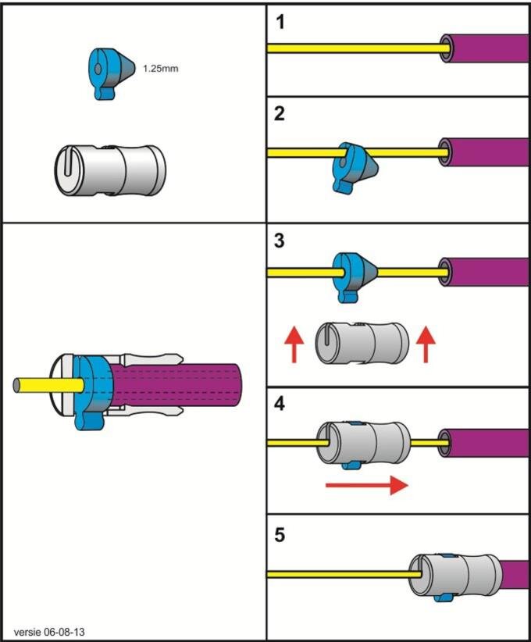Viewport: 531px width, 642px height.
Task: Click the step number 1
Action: [x=280, y=22]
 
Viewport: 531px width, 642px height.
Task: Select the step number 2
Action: [x=280, y=113]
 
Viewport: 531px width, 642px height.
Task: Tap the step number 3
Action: [x=280, y=241]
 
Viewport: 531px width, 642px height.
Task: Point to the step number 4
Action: [x=280, y=404]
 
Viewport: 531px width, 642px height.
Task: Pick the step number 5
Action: [x=280, y=535]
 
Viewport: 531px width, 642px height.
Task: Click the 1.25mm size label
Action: [x=161, y=69]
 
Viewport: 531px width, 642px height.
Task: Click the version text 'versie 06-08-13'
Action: [x=49, y=632]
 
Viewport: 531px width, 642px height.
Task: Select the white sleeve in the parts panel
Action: [x=111, y=170]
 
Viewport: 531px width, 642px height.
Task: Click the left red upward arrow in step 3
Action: [x=294, y=344]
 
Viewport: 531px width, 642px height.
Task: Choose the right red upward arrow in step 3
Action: [x=426, y=344]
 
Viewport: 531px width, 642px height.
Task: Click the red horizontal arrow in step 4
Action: [x=367, y=485]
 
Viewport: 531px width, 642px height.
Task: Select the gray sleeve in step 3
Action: [x=362, y=344]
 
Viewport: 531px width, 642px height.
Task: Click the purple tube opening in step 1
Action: [x=446, y=48]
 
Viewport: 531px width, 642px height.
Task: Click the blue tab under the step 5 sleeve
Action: [x=443, y=598]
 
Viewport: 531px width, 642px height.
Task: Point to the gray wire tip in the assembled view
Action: [x=16, y=385]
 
